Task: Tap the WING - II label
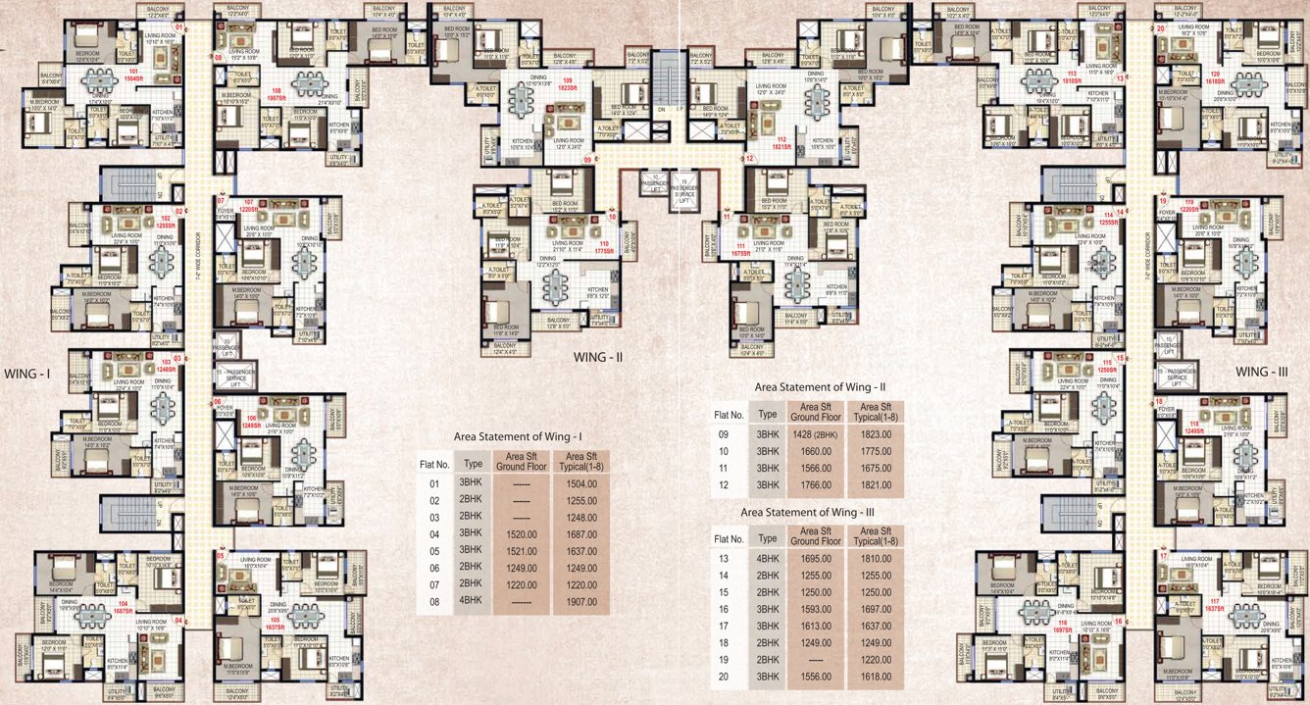coord(599,358)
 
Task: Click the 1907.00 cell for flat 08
coord(582,600)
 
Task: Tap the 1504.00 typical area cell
coord(582,481)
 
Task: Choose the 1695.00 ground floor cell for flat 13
coord(813,559)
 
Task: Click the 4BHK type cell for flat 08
coord(472,600)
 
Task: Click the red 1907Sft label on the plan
coord(277,98)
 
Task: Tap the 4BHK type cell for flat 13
coord(767,559)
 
